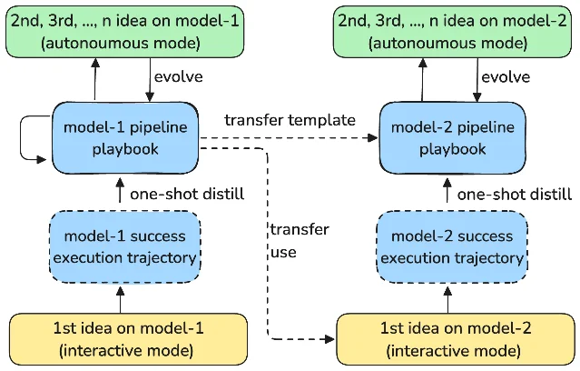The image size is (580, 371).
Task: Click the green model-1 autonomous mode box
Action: [125, 32]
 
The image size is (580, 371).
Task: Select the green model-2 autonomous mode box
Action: [452, 32]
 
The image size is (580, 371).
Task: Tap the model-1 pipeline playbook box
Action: [125, 138]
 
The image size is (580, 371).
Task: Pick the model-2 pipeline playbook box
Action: [452, 138]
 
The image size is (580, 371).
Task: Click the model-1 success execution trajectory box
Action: [125, 246]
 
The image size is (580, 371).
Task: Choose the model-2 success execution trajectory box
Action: [452, 246]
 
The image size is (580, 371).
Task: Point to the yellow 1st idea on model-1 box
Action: [128, 339]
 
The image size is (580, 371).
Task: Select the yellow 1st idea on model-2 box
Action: [456, 339]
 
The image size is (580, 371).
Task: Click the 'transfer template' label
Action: [290, 120]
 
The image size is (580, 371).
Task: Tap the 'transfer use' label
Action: [300, 241]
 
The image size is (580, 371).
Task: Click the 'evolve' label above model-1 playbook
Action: [179, 77]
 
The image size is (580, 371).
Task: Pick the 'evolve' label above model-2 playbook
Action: [506, 77]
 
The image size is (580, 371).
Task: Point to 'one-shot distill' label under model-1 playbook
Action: [187, 195]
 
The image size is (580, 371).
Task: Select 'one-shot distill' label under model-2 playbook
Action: [515, 195]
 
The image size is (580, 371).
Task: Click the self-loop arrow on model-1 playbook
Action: [21, 138]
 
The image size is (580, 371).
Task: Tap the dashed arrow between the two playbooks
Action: [289, 138]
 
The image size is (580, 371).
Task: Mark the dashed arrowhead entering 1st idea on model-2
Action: [329, 339]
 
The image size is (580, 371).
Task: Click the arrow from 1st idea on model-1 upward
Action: [120, 300]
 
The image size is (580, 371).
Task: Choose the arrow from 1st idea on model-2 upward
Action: [447, 300]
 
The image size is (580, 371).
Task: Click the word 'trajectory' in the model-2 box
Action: [489, 258]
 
